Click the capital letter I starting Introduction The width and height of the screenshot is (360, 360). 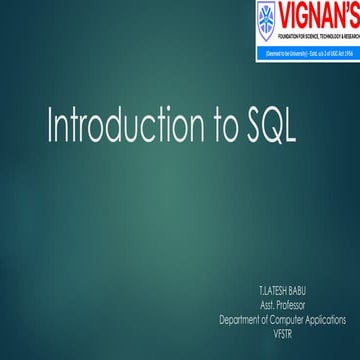pyautogui.click(x=51, y=127)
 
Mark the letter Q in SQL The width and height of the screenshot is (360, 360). pyautogui.click(x=271, y=128)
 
